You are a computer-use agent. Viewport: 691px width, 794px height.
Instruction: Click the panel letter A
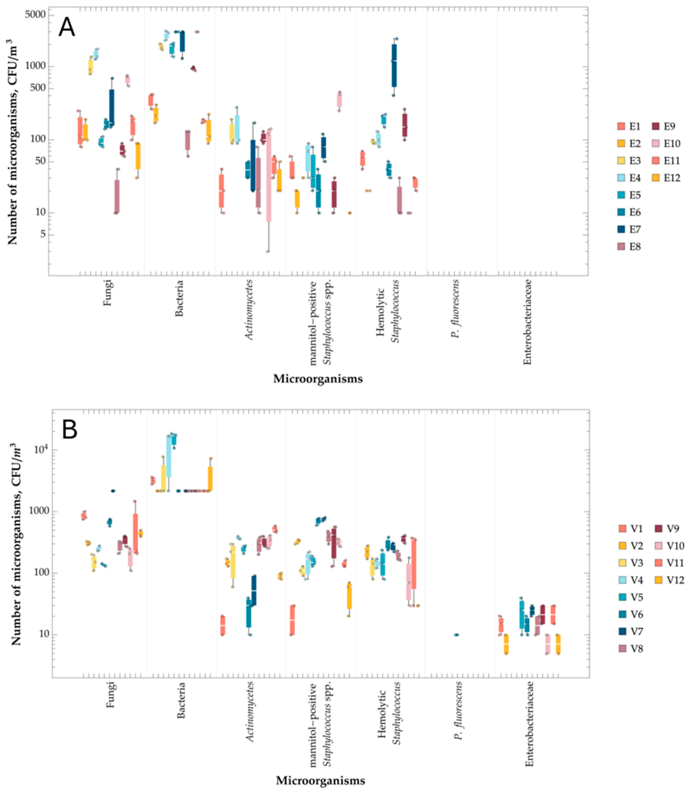point(66,28)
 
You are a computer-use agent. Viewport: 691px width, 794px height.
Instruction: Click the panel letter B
point(69,430)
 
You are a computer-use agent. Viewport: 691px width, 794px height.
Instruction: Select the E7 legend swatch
point(622,229)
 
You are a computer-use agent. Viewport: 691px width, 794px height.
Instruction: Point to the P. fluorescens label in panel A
point(456,309)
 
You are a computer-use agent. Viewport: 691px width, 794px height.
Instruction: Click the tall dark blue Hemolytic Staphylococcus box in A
point(394,65)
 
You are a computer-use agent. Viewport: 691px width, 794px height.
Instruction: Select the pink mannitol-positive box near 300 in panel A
point(339,100)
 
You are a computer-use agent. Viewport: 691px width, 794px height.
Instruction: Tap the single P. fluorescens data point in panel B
point(457,635)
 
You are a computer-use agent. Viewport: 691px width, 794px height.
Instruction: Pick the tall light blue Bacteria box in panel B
point(168,456)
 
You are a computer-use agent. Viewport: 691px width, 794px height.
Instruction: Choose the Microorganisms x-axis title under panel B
point(320,780)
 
